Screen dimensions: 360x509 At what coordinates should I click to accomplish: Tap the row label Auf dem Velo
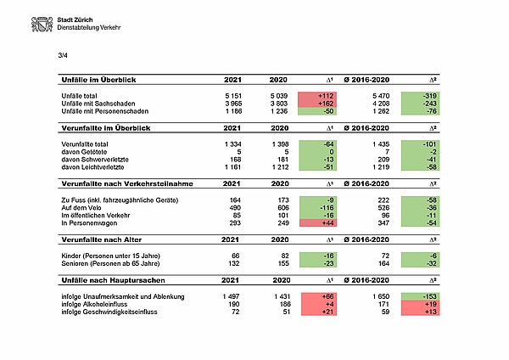pos(87,206)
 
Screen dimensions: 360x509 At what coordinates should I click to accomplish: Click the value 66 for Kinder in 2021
pos(236,256)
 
